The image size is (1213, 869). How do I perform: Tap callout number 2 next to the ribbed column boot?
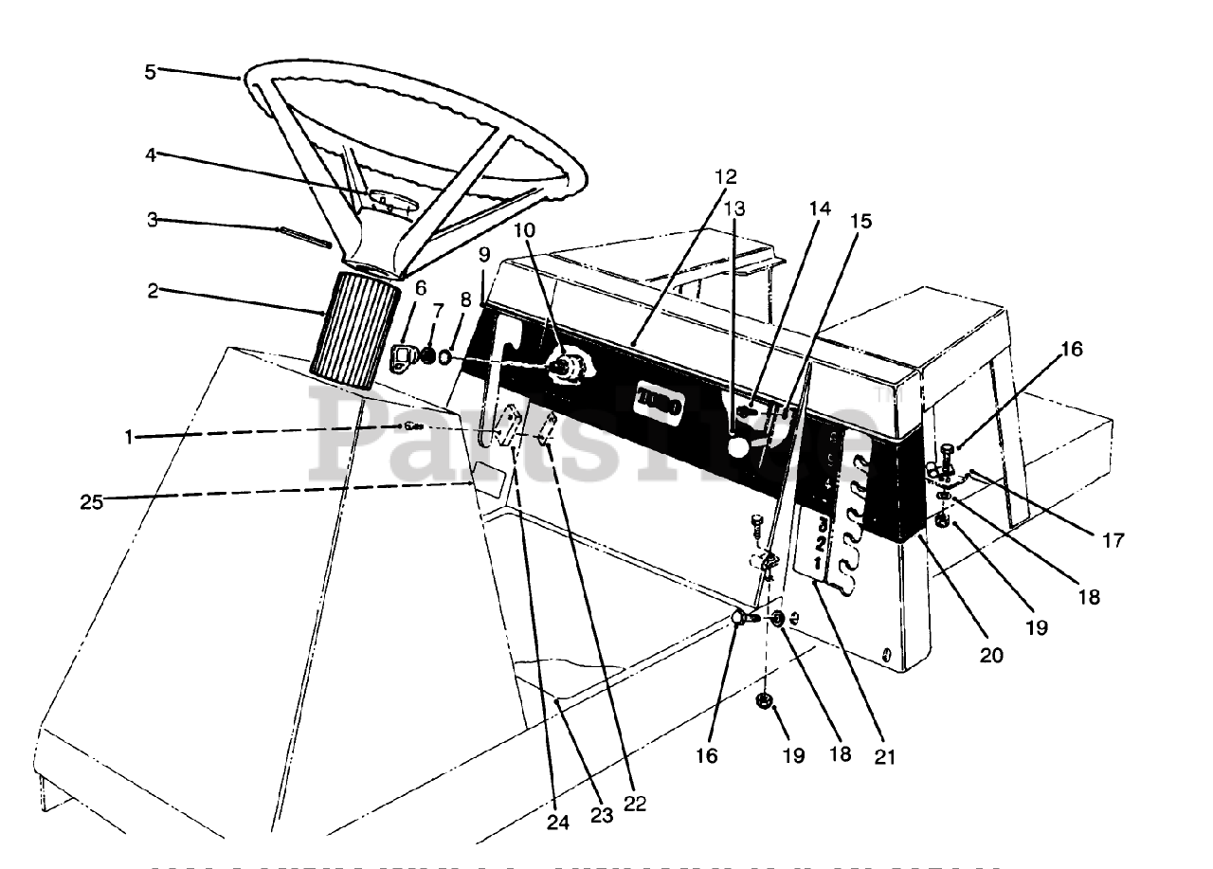[152, 290]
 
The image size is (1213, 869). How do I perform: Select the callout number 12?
[727, 176]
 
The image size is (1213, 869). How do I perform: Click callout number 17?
[1113, 540]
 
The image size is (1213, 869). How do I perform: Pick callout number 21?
[886, 757]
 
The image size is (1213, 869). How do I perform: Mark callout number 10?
[525, 230]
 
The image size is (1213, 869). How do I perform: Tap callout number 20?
[991, 654]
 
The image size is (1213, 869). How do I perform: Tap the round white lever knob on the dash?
[738, 445]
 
